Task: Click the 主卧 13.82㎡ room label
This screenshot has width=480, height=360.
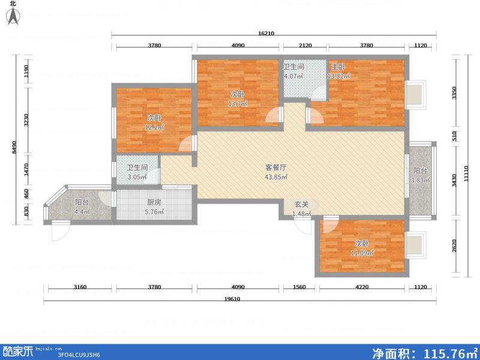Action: coord(338,72)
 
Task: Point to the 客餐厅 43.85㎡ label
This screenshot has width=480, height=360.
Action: coord(276,172)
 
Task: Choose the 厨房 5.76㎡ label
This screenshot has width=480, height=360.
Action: coord(154,207)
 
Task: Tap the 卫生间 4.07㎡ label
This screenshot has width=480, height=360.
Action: coord(294,71)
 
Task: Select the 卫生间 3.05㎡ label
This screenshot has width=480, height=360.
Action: coord(137,173)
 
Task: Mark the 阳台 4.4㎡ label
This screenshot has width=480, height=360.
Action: coord(82,207)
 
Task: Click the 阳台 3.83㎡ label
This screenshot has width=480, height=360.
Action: coord(420,175)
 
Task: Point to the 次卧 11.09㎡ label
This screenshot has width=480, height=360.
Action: coord(361,248)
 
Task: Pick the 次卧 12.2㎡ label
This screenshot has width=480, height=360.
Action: coord(154,122)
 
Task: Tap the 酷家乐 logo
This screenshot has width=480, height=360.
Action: coord(18,351)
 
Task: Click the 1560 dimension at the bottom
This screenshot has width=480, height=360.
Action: coord(300,287)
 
